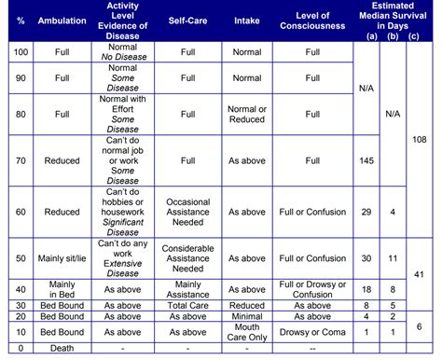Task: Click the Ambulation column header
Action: pyautogui.click(x=55, y=19)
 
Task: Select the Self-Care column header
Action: pyautogui.click(x=187, y=19)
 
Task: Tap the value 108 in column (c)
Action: pyautogui.click(x=420, y=138)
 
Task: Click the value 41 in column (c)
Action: pyautogui.click(x=420, y=273)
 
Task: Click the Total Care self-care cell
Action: pyautogui.click(x=187, y=304)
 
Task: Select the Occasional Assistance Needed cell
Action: pyautogui.click(x=187, y=213)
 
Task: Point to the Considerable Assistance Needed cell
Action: pyautogui.click(x=187, y=257)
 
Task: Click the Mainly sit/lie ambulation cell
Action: pyautogui.click(x=55, y=257)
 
